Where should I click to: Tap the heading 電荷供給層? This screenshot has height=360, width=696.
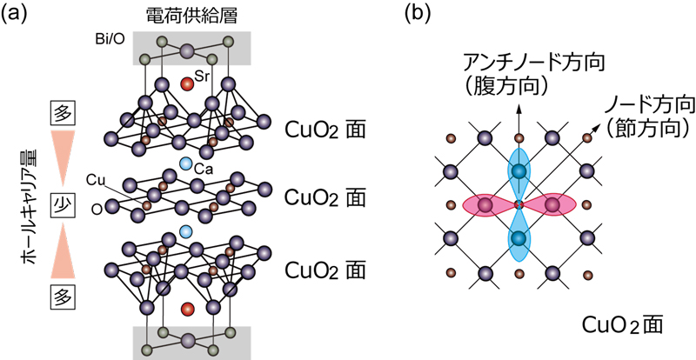(186, 16)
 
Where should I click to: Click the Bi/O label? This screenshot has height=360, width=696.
(110, 40)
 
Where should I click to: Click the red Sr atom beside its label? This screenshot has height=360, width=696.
(186, 83)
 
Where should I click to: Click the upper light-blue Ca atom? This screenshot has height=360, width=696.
(185, 163)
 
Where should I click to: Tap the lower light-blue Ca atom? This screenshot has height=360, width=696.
(185, 231)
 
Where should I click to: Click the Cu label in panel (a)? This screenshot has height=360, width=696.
(97, 178)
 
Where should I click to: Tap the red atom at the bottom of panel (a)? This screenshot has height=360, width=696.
(186, 310)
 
